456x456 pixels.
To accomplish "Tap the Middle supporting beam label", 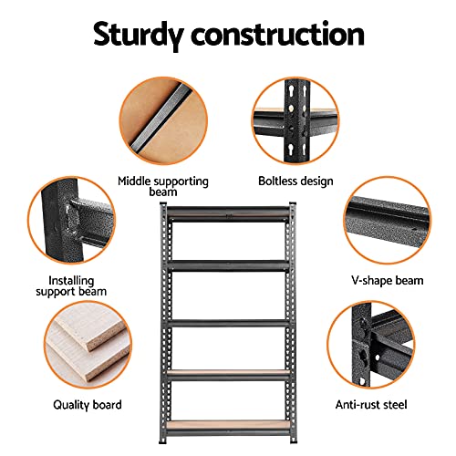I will [162, 186].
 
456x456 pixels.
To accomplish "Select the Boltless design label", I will [295, 181].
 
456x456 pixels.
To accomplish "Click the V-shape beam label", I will [388, 280].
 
